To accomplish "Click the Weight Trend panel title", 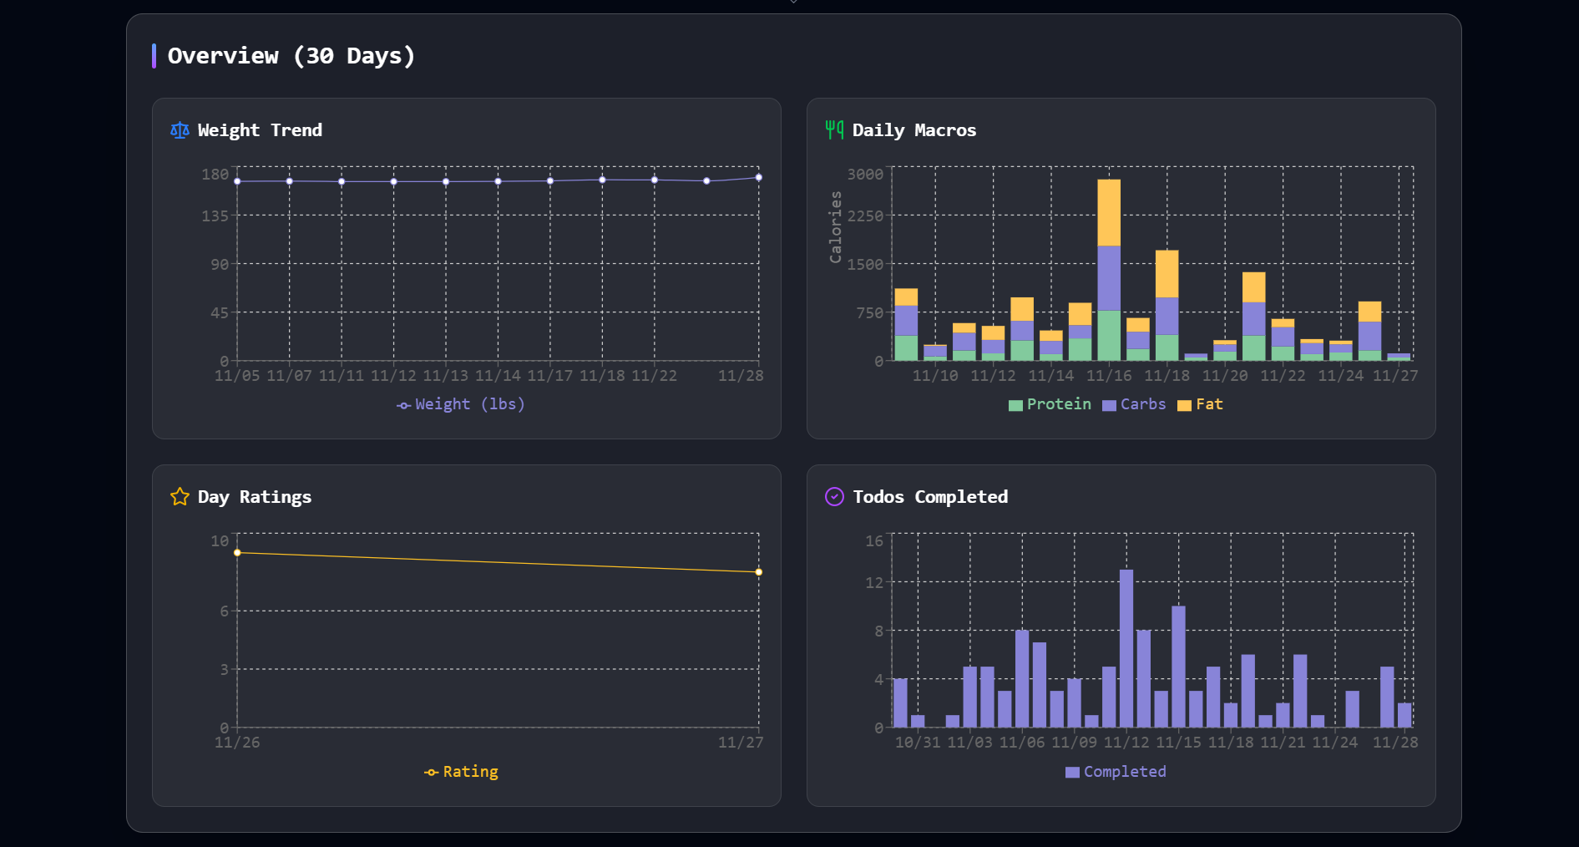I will click(x=260, y=130).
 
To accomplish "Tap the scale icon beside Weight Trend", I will click(x=180, y=130).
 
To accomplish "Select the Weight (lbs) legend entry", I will click(x=461, y=404).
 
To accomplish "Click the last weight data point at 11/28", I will click(x=758, y=178).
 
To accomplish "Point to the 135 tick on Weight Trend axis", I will click(x=215, y=216).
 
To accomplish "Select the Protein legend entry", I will click(x=1050, y=404).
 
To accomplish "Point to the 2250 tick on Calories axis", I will click(x=865, y=216).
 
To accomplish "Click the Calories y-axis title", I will click(x=835, y=227).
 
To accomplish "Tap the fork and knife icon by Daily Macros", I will click(x=834, y=129).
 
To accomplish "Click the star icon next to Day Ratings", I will click(x=180, y=497).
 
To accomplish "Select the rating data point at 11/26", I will click(x=237, y=553).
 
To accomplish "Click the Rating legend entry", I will click(x=461, y=772).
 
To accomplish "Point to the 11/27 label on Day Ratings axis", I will click(x=740, y=743).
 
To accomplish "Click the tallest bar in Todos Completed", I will click(x=1126, y=647).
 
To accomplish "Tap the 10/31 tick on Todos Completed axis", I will click(x=917, y=743).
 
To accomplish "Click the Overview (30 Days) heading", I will click(x=291, y=56).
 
